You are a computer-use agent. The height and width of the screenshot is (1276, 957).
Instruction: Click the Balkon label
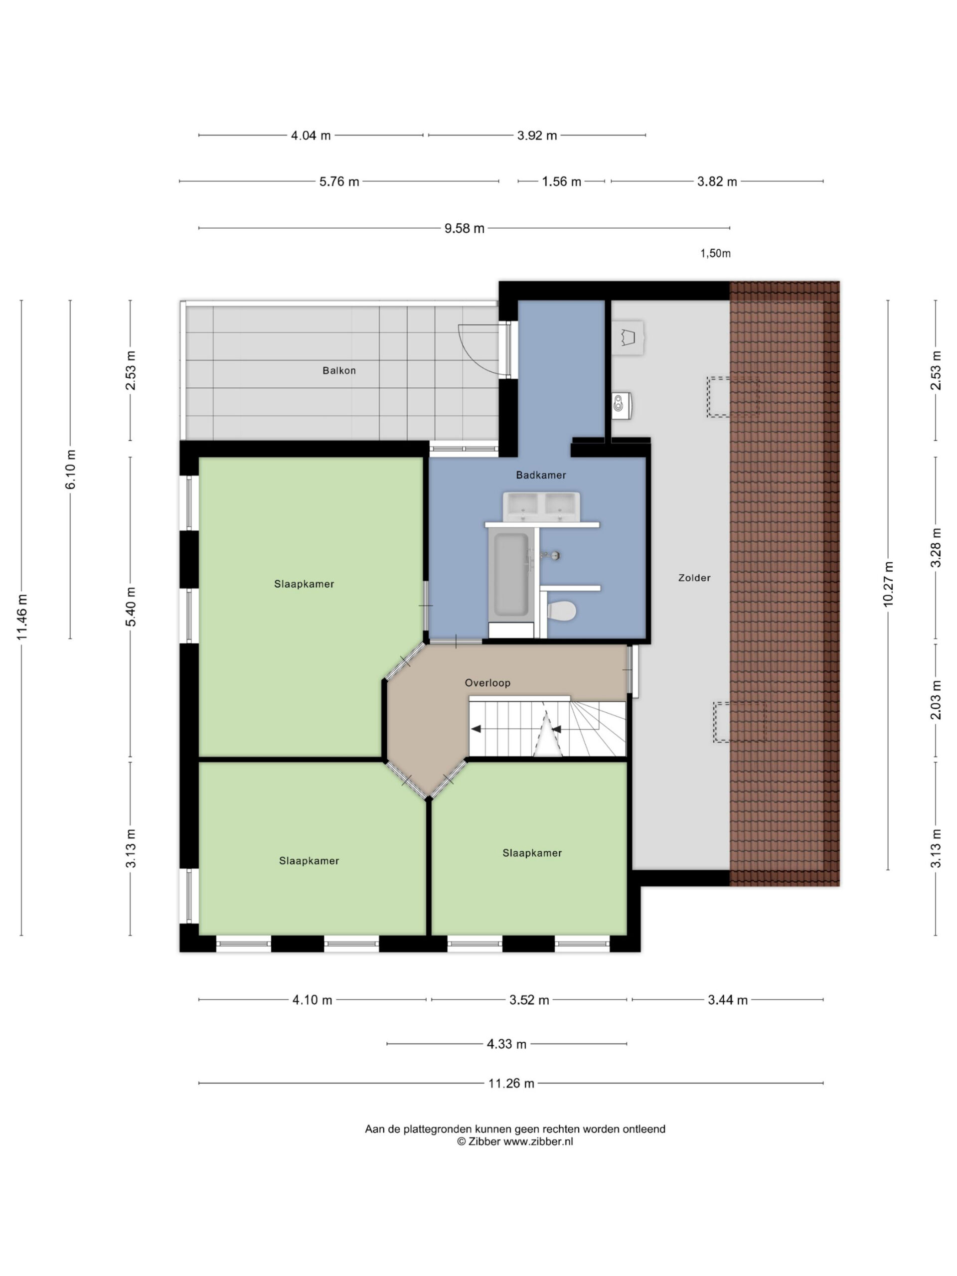[338, 370]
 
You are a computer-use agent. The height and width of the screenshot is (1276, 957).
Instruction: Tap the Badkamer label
[540, 475]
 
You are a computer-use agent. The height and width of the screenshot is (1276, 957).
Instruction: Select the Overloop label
[487, 682]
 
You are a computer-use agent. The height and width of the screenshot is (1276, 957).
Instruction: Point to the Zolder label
[694, 577]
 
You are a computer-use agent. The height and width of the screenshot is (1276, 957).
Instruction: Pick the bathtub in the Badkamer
[510, 575]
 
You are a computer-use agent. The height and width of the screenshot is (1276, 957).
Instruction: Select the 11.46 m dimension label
[22, 617]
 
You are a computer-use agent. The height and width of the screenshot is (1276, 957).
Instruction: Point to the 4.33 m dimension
[506, 1044]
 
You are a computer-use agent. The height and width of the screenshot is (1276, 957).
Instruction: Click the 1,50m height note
[715, 253]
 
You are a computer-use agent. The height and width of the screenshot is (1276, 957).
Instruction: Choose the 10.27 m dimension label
[888, 584]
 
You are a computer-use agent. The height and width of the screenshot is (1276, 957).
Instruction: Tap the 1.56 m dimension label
[561, 182]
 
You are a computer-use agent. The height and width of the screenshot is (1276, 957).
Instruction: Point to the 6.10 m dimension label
[70, 469]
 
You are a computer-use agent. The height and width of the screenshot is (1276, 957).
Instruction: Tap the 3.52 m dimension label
[529, 1000]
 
